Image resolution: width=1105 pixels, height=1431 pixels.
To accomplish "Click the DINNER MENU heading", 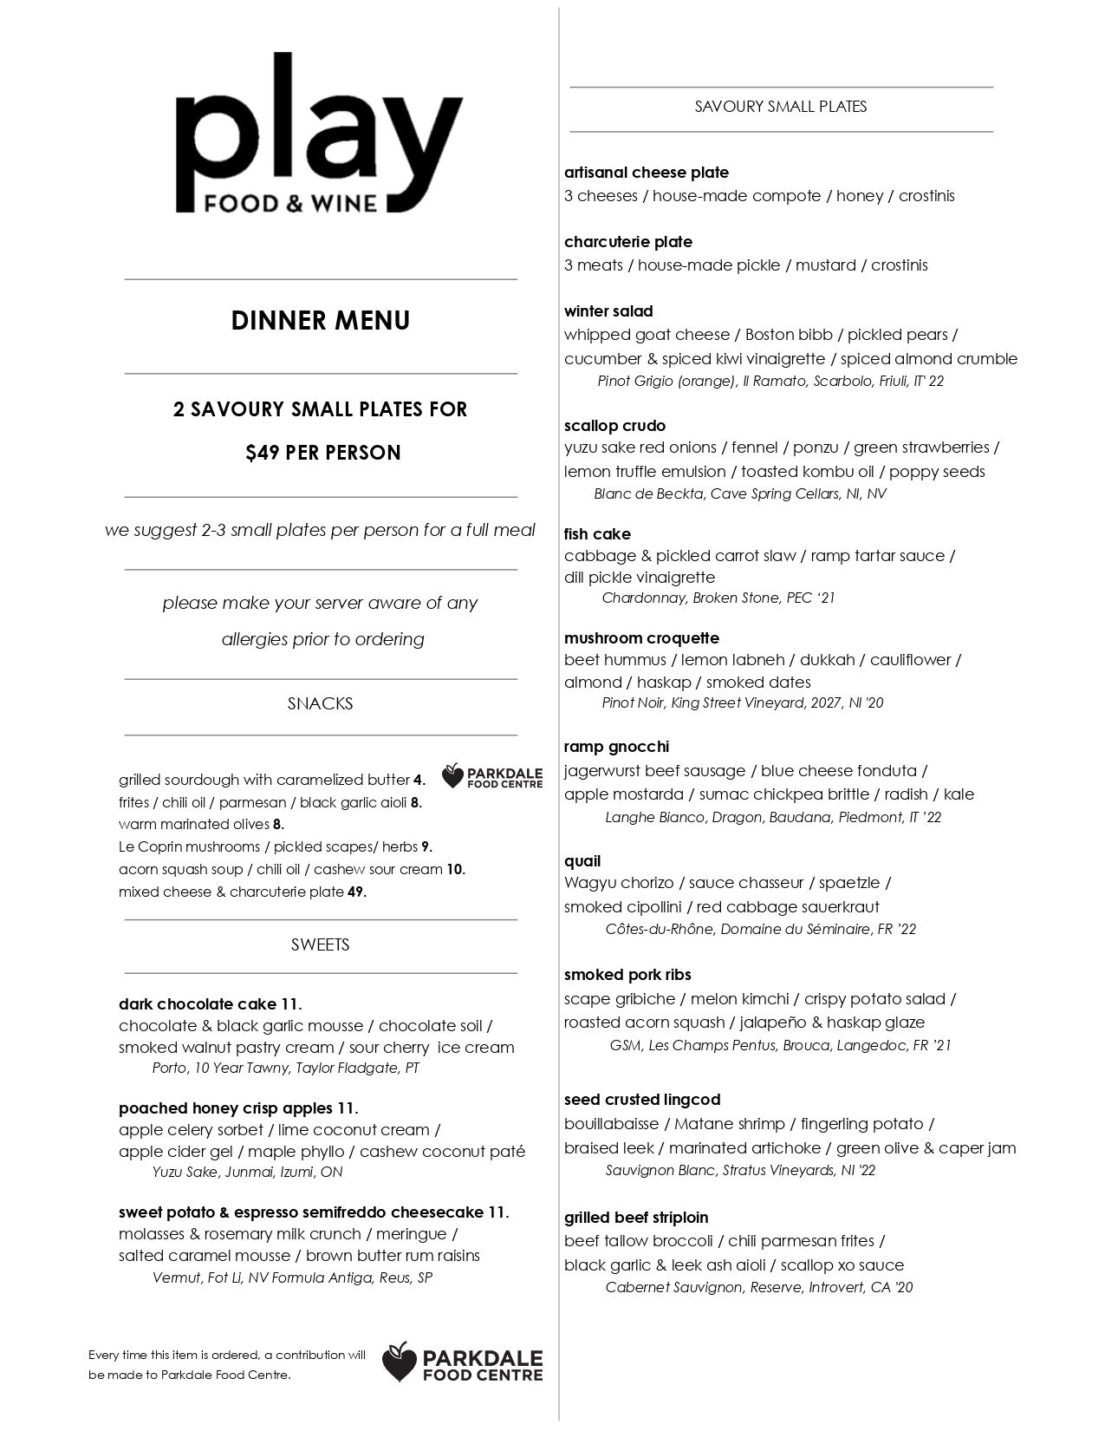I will coord(321,321).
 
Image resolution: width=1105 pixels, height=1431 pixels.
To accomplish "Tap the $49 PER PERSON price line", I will coord(322,453).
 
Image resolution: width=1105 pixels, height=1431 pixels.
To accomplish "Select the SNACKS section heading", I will coord(321,703).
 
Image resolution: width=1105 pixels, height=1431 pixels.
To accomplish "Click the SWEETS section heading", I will coord(321,944).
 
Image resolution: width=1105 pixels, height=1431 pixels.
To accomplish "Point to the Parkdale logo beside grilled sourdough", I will coord(492,776).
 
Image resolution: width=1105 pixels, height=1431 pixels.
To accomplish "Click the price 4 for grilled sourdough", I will coord(419,780).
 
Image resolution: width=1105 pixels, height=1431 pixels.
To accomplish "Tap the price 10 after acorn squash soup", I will coord(456,869).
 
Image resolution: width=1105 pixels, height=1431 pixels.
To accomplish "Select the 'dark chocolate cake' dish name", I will coord(198,1004).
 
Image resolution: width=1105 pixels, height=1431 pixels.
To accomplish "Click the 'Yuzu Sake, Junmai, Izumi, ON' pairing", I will coord(247,1172).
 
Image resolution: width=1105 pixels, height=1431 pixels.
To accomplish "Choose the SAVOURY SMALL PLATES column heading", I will coord(781,107).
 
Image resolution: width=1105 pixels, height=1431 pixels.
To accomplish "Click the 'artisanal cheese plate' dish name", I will coord(647,173).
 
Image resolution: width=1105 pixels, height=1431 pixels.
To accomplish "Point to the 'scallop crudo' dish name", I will coord(615,426).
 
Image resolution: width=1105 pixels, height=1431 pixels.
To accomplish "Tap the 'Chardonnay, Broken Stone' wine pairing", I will coord(718,598).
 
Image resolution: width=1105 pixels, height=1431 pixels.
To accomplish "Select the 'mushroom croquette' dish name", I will coord(641,638).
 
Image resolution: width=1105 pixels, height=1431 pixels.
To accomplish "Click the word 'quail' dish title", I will coord(582,861).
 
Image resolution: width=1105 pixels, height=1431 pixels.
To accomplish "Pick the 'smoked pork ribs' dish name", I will coord(627,975).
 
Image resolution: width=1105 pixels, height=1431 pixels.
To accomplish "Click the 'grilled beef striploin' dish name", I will coord(636,1218).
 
